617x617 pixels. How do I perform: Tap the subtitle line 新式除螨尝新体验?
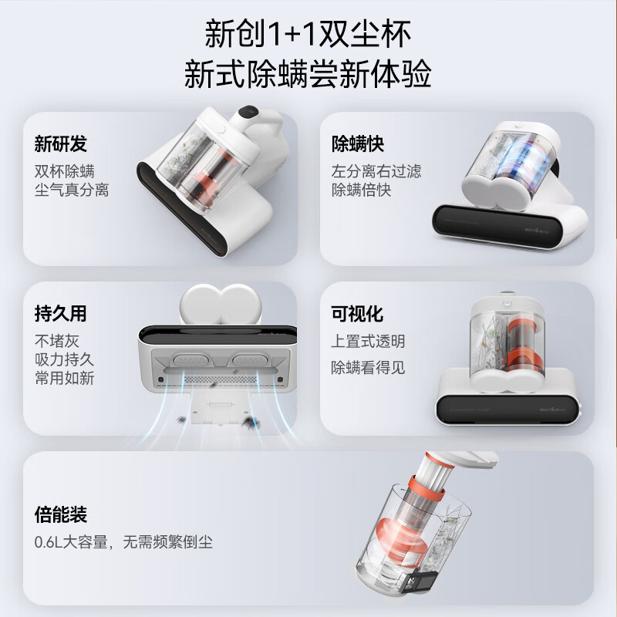(x=308, y=76)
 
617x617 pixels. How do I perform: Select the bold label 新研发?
(x=61, y=144)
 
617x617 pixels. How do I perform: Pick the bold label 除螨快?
(x=358, y=144)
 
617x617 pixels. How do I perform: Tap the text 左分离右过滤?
(x=376, y=170)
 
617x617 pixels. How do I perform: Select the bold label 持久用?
(x=61, y=314)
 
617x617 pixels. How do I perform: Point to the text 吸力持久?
(x=64, y=359)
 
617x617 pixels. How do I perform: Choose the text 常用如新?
(x=64, y=379)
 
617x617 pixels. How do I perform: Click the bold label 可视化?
(x=358, y=314)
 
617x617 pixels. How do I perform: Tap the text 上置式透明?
(x=369, y=341)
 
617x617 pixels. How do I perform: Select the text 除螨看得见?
(x=369, y=367)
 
